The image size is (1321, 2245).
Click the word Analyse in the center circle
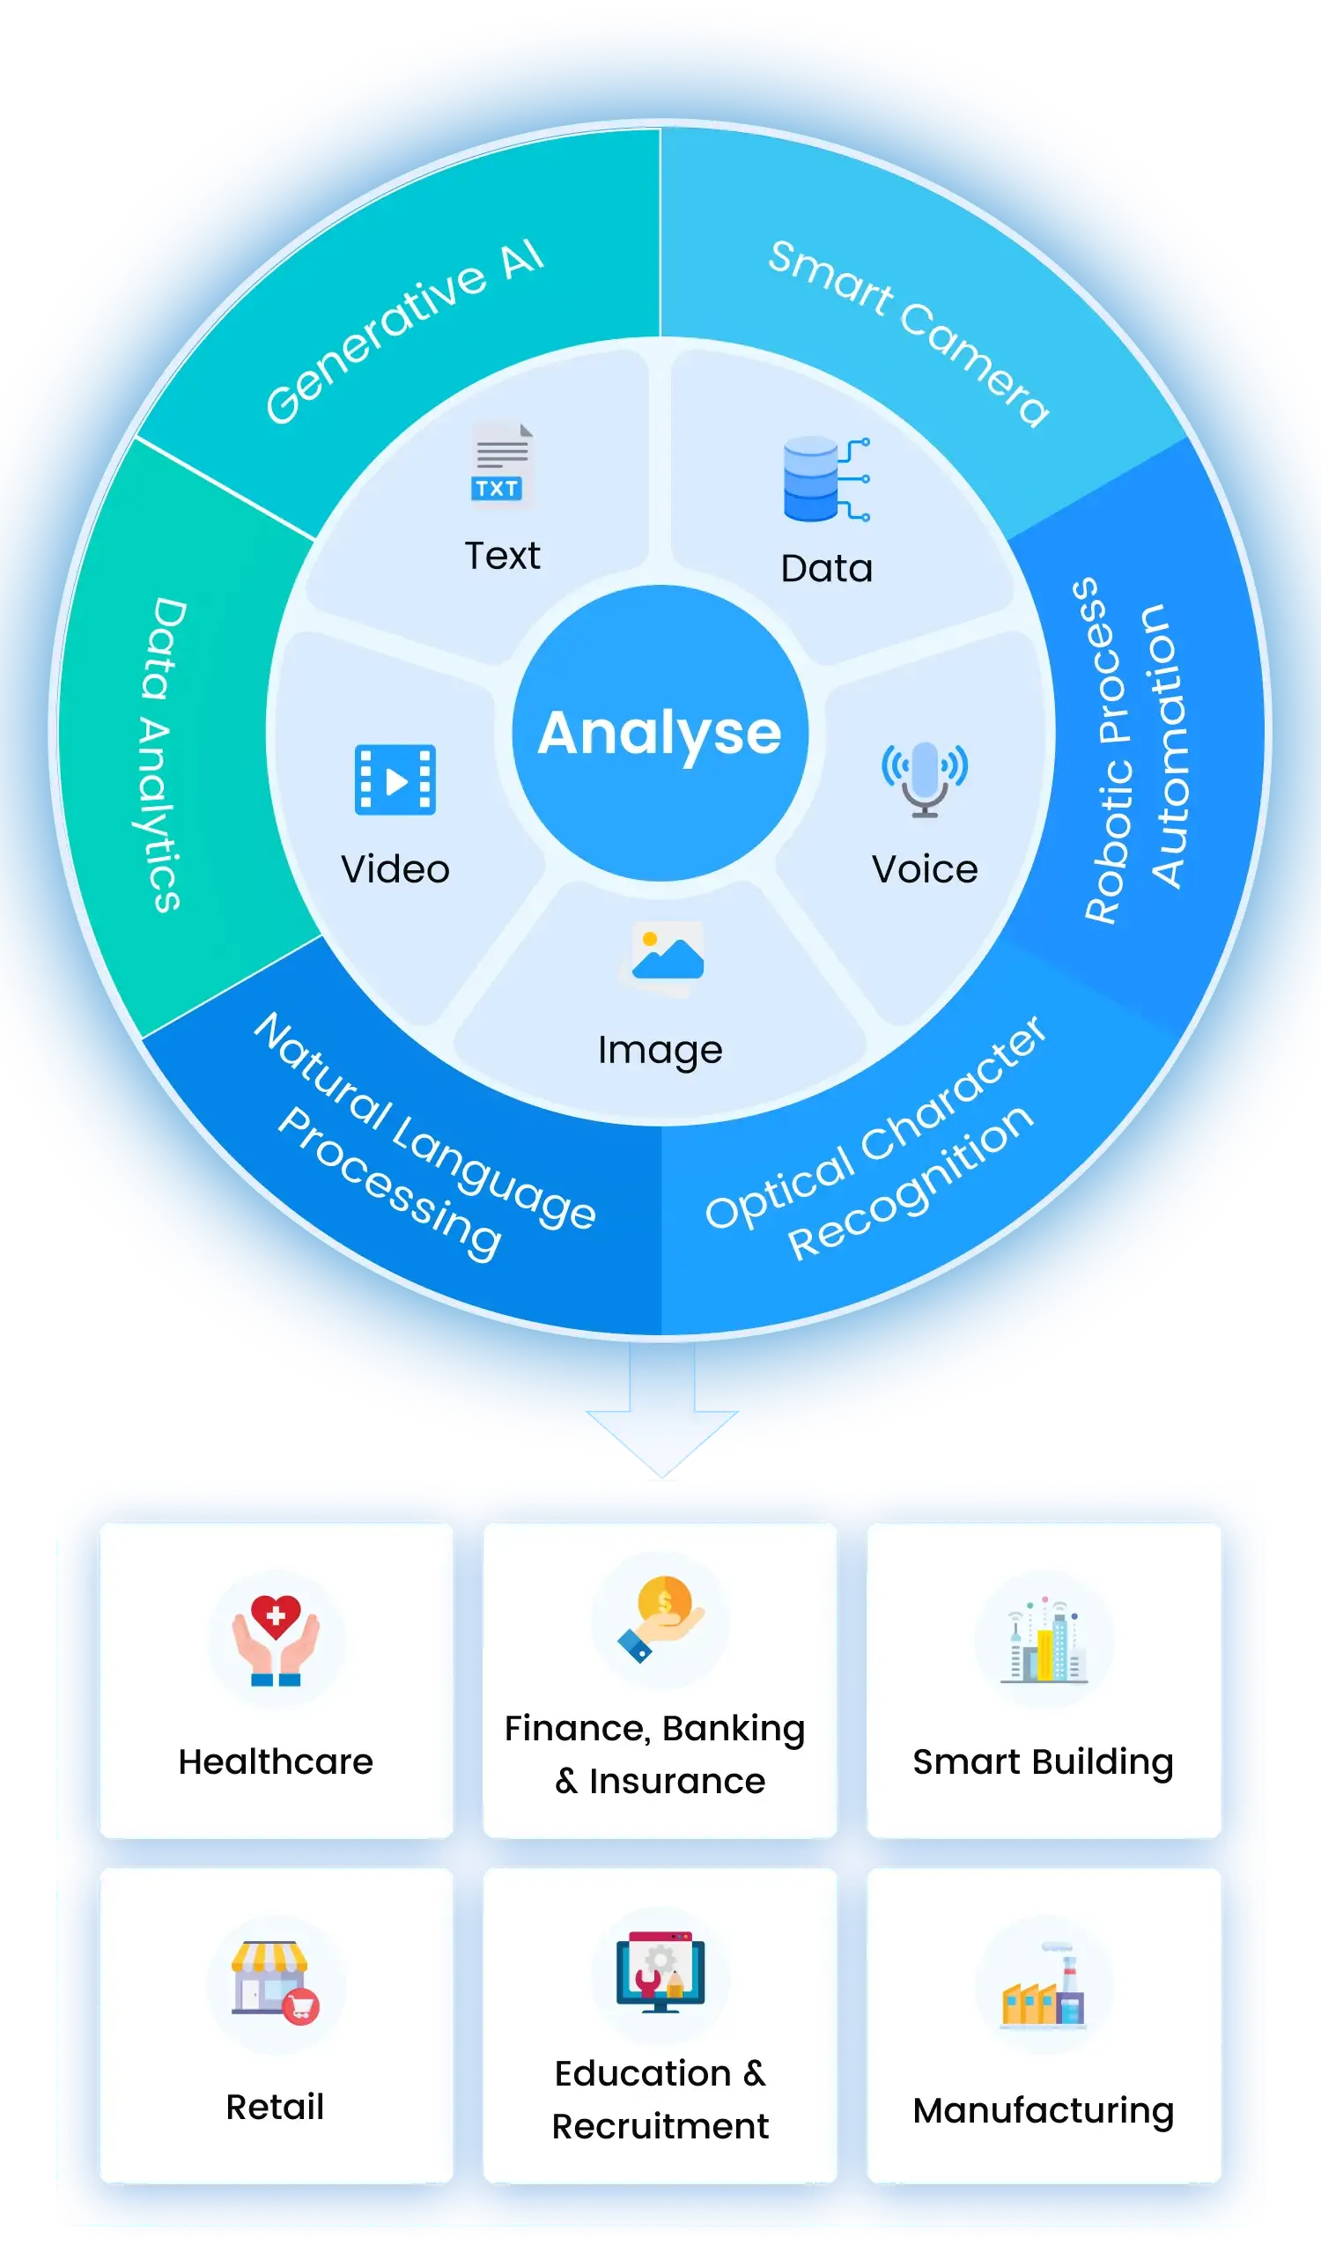(x=659, y=733)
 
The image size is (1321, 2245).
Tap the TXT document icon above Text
(x=501, y=464)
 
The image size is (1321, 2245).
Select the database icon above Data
(x=825, y=479)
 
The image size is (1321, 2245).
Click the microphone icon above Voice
(x=925, y=779)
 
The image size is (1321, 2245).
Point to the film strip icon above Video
(x=395, y=779)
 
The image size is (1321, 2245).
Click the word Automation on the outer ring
(x=1168, y=746)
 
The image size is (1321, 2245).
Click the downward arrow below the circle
(x=662, y=1407)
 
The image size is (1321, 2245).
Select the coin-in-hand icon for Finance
(x=661, y=1619)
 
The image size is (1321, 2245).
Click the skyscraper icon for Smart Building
(x=1044, y=1640)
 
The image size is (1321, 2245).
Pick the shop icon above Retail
(x=275, y=1983)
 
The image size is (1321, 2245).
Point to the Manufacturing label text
(x=1043, y=2111)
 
